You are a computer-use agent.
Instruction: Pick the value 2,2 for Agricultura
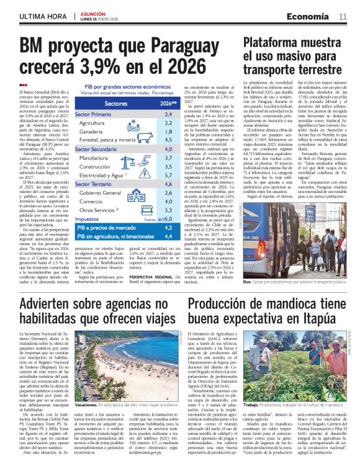150,123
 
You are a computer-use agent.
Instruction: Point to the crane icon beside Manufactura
132,159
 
